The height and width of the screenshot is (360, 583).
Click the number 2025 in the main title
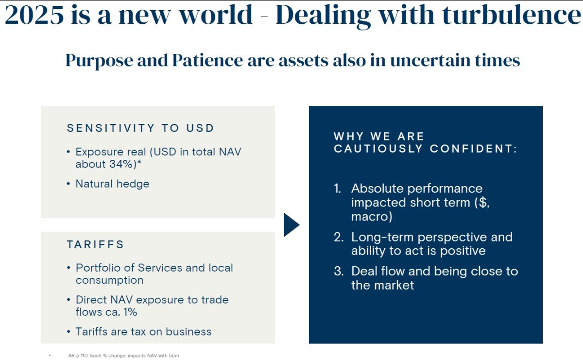[x=34, y=15]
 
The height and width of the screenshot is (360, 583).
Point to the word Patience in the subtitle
[x=207, y=60]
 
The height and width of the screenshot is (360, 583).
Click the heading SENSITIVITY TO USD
[x=140, y=128]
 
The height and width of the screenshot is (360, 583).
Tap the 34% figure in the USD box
[x=121, y=164]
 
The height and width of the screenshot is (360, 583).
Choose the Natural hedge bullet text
[x=112, y=184]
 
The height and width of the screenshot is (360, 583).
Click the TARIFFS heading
[x=95, y=244]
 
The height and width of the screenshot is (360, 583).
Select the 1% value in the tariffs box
[x=130, y=312]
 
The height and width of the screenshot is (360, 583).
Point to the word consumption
[x=110, y=280]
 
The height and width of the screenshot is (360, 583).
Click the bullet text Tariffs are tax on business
[x=143, y=332]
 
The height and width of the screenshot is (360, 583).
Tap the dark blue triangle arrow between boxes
[x=291, y=225]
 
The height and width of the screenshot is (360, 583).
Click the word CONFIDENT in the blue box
[x=473, y=149]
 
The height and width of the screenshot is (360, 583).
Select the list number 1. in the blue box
[x=338, y=188]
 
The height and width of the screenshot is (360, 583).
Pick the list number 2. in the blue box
[x=339, y=237]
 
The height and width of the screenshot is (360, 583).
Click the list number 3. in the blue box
[x=339, y=271]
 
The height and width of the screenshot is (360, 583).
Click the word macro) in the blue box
[x=372, y=217]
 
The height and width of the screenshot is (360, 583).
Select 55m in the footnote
[x=174, y=356]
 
